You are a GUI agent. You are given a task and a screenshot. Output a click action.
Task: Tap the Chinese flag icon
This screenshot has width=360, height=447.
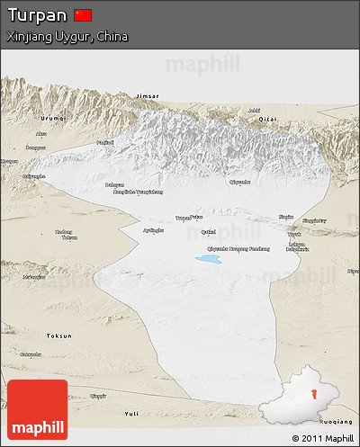point(83,15)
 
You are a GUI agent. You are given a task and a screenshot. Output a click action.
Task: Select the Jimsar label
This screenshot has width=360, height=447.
point(150,95)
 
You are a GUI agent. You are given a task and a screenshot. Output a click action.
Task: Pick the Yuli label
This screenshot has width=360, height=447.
point(133,413)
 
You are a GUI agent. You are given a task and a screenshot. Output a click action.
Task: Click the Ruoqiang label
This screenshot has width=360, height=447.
point(337,421)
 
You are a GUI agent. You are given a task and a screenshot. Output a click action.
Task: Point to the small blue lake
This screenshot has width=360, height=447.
point(209,259)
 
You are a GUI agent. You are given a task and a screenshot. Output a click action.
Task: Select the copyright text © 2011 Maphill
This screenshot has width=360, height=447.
point(322,438)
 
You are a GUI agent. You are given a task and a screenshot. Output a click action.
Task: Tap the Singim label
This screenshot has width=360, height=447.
point(286,217)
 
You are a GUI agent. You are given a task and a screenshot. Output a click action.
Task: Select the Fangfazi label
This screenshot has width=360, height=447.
point(105,143)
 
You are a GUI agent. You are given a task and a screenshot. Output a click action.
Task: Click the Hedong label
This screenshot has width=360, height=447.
point(62,232)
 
